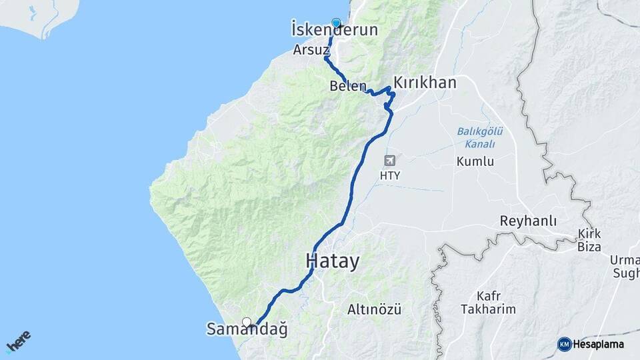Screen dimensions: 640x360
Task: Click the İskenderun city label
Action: pyautogui.click(x=335, y=31)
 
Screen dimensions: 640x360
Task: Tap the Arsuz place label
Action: pyautogui.click(x=311, y=50)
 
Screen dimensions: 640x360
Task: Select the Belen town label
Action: pyautogui.click(x=347, y=86)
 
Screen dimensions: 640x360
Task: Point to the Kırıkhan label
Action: pyautogui.click(x=425, y=83)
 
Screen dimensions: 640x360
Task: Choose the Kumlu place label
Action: pyautogui.click(x=475, y=161)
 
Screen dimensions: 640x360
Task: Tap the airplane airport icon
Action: pyautogui.click(x=389, y=160)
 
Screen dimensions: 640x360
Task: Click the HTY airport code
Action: pyautogui.click(x=389, y=175)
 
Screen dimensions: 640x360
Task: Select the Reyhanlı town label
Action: pyautogui.click(x=529, y=221)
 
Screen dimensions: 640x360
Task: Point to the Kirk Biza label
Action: pyautogui.click(x=589, y=240)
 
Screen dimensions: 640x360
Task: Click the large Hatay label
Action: pyautogui.click(x=333, y=261)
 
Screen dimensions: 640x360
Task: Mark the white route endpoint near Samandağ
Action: pyautogui.click(x=247, y=322)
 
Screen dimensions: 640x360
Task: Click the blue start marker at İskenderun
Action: pyautogui.click(x=335, y=23)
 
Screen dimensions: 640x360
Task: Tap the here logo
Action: pyautogui.click(x=18, y=342)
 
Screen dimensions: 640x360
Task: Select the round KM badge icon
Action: pyautogui.click(x=564, y=344)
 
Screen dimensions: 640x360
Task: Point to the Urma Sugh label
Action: pyautogui.click(x=625, y=265)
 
